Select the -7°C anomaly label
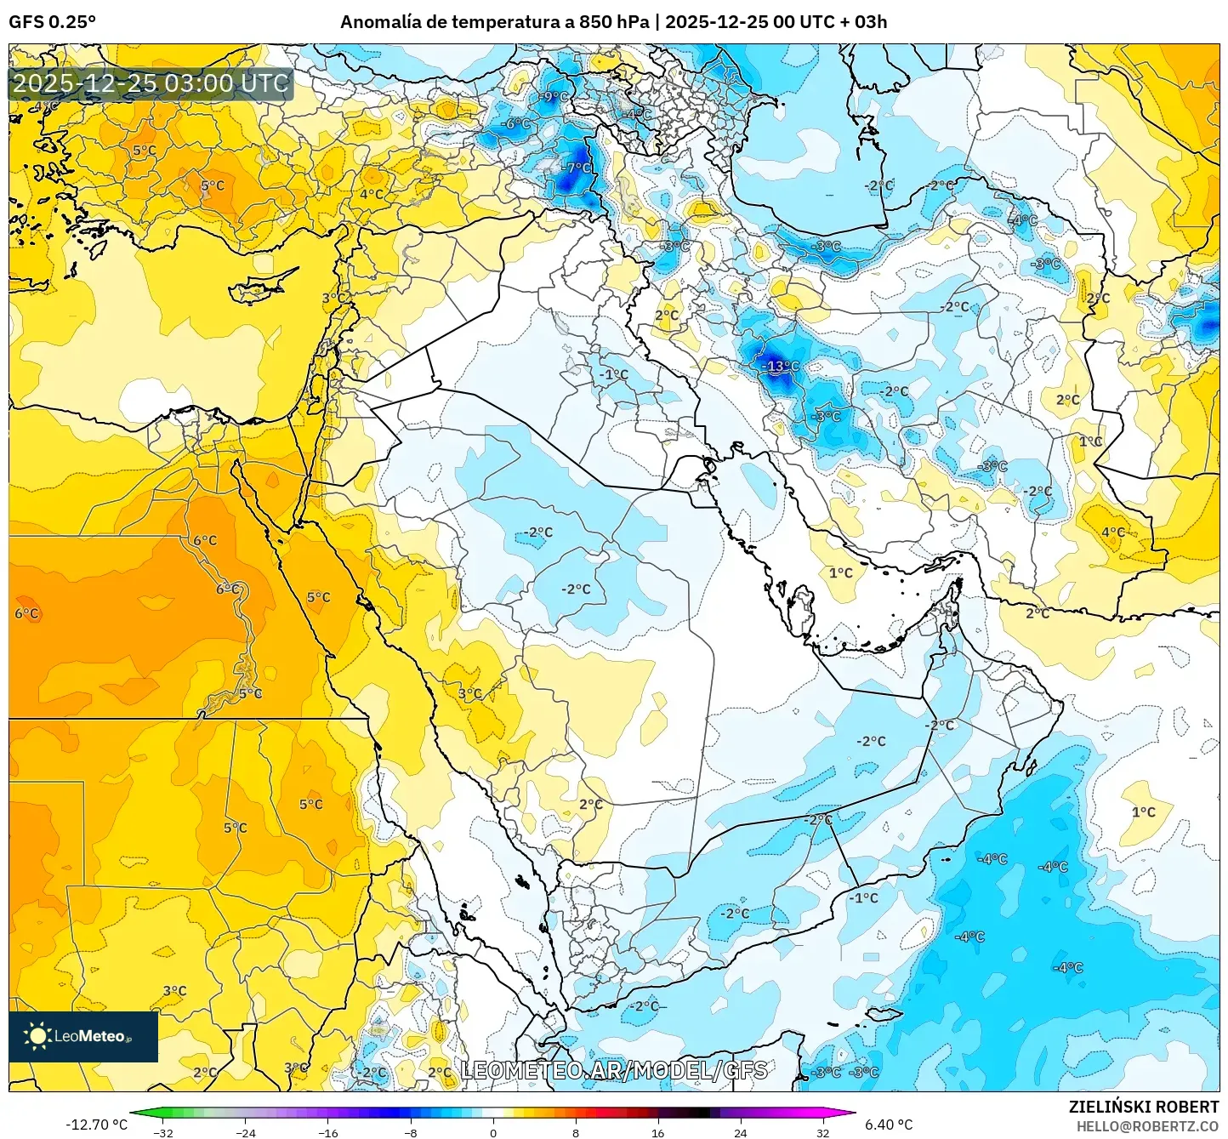click(577, 168)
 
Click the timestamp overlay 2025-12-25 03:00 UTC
click(151, 83)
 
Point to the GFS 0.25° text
click(52, 22)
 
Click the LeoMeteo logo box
click(83, 1036)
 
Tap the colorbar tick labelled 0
click(493, 1132)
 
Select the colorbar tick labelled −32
click(163, 1132)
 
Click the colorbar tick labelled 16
click(657, 1132)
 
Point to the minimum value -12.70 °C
click(96, 1125)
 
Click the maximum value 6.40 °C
click(889, 1125)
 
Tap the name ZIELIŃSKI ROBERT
click(1144, 1107)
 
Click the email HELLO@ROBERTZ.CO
click(1147, 1126)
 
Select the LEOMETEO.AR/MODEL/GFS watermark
click(613, 1070)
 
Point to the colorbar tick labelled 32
click(822, 1132)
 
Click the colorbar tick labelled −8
click(411, 1132)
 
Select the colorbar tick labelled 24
click(740, 1132)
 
